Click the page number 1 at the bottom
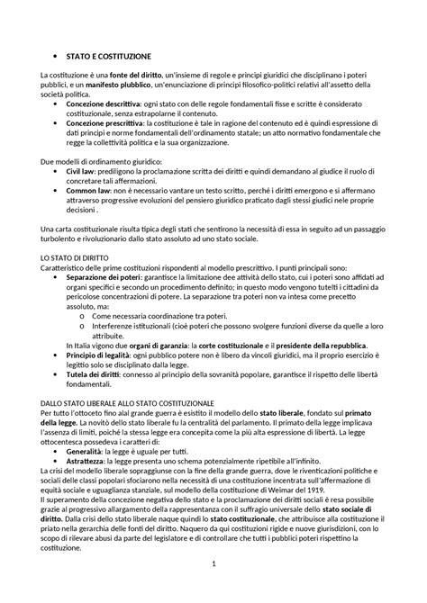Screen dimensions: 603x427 213,589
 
